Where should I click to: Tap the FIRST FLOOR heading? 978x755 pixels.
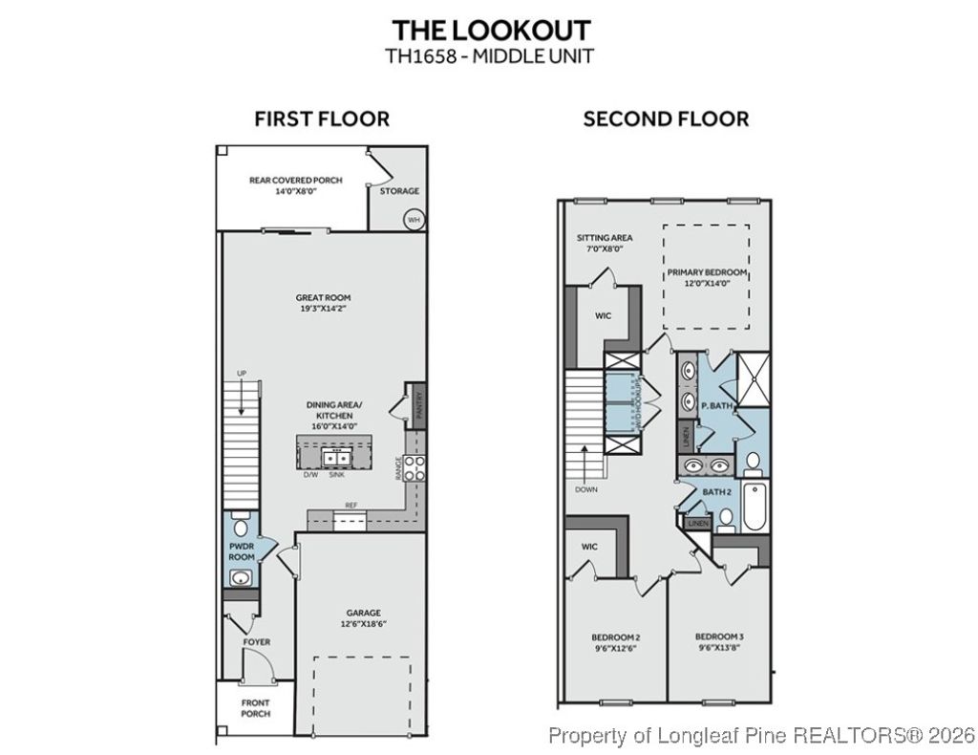322,119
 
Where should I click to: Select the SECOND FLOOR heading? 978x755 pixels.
666,119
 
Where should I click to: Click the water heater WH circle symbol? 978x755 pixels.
413,218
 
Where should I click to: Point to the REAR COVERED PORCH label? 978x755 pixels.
295,180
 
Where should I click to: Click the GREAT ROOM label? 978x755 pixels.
323,297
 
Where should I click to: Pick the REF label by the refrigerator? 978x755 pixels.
351,506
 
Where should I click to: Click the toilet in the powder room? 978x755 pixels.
240,527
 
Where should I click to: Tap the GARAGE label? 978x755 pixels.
363,613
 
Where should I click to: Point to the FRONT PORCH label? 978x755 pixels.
255,708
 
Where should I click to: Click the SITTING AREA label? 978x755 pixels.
604,238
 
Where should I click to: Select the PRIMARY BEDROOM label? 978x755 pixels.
707,272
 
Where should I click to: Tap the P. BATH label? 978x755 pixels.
716,405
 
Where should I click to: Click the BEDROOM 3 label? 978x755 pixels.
718,636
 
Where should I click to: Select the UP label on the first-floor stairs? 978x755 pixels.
243,373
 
